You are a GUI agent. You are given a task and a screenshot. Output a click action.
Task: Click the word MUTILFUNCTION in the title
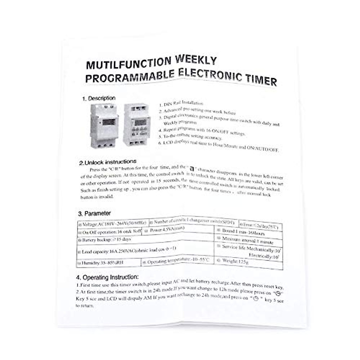coord(129,63)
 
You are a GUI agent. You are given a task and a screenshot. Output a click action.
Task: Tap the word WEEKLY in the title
coord(196,60)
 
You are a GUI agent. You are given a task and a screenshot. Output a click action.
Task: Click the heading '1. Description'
coord(99,98)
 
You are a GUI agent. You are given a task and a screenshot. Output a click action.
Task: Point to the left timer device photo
coord(103,125)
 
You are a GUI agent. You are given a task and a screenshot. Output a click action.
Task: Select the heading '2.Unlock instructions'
coord(108,163)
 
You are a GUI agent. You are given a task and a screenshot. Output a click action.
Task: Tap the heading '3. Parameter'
coord(94,214)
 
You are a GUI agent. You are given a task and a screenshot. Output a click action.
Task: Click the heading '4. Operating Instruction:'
coord(107,277)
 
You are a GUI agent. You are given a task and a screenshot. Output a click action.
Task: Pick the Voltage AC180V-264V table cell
coord(113,223)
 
